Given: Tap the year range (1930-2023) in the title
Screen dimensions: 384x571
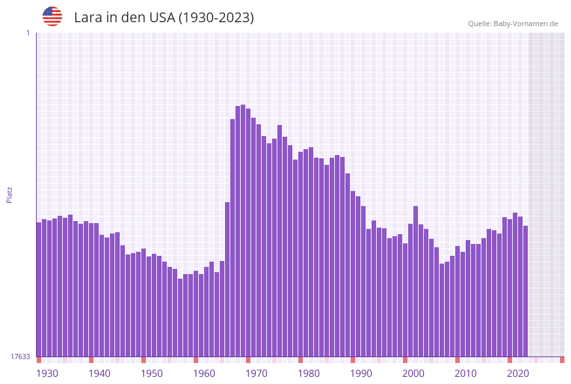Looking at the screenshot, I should [216, 18].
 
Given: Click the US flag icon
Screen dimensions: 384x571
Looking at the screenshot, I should [52, 16].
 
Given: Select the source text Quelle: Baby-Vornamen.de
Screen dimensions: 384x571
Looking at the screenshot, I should [513, 24].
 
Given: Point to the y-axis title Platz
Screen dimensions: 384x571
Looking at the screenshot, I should [10, 194].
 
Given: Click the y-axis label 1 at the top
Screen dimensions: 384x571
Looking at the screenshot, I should [27, 33].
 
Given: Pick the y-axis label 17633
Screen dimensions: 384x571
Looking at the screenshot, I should [20, 357].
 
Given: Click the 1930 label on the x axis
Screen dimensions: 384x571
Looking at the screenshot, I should [47, 374].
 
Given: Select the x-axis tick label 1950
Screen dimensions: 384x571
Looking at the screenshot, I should [152, 374].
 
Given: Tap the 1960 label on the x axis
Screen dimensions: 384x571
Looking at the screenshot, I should [204, 374].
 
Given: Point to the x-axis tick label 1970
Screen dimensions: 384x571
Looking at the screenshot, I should [256, 374].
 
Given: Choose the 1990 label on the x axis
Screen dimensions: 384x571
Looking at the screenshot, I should [361, 374].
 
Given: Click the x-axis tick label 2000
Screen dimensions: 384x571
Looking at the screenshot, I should [413, 374].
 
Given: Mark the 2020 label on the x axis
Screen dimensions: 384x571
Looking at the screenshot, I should [518, 374].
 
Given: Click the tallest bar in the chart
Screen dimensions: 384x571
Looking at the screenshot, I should [243, 229].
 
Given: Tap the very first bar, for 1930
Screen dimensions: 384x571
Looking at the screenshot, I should [39, 288].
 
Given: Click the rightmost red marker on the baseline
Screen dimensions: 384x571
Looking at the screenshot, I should [562, 360].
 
